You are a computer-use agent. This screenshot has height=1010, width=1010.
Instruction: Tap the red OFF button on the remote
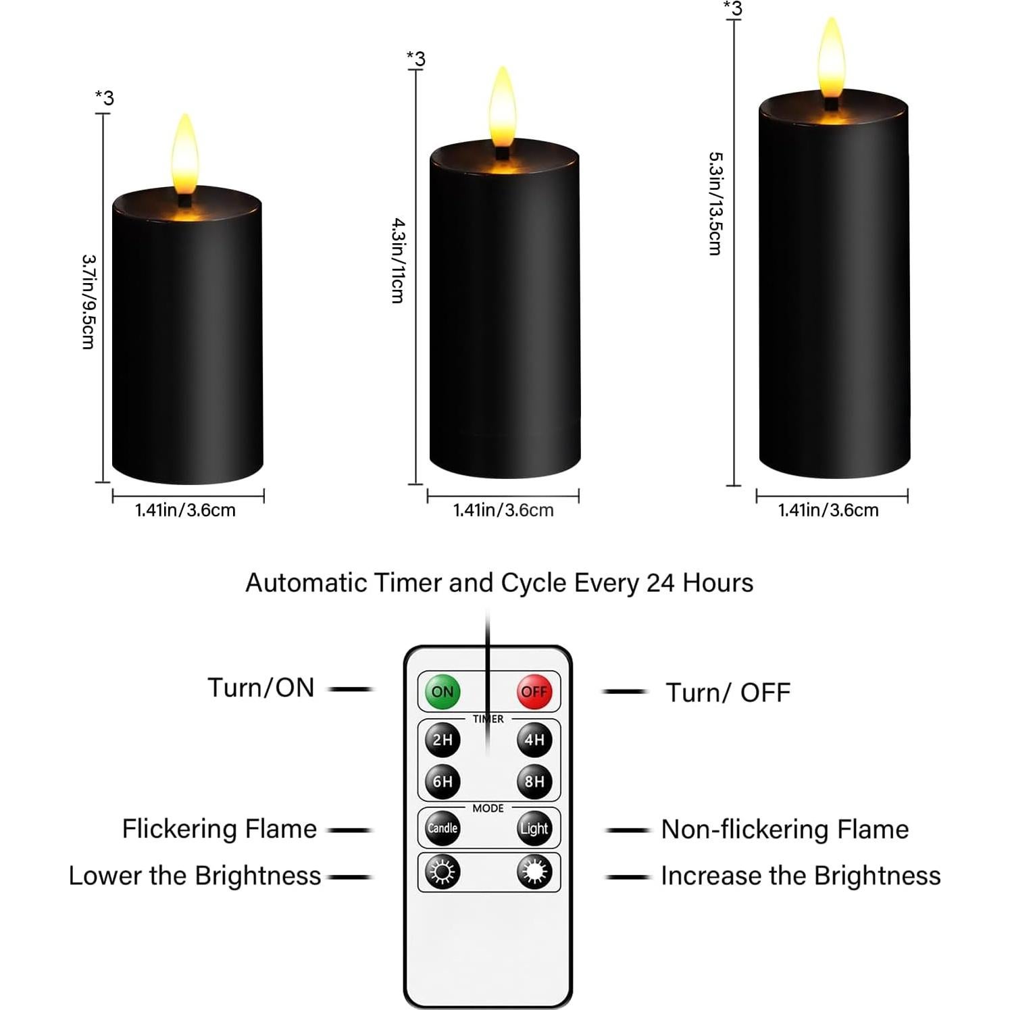pyautogui.click(x=534, y=691)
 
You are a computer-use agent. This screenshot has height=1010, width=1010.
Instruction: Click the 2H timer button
pyautogui.click(x=443, y=740)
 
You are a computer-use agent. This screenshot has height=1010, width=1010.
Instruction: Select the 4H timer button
pyautogui.click(x=534, y=740)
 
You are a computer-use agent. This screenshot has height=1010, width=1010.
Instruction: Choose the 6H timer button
pyautogui.click(x=443, y=782)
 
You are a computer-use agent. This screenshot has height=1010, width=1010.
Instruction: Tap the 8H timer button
pyautogui.click(x=534, y=782)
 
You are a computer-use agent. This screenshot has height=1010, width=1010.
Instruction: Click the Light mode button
pyautogui.click(x=534, y=828)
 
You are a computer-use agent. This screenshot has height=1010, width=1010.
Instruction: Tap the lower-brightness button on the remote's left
pyautogui.click(x=443, y=872)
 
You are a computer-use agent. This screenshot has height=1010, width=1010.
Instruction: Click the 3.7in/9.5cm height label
pyautogui.click(x=88, y=301)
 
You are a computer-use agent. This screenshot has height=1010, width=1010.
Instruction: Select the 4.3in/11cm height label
pyautogui.click(x=399, y=260)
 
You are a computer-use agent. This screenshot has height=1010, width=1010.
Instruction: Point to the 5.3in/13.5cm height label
pyautogui.click(x=715, y=203)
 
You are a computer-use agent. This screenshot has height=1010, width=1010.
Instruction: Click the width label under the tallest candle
pyautogui.click(x=828, y=510)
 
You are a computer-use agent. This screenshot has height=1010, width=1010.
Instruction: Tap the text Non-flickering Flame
pyautogui.click(x=784, y=829)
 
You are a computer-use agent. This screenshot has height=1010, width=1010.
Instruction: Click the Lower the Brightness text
pyautogui.click(x=195, y=876)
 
